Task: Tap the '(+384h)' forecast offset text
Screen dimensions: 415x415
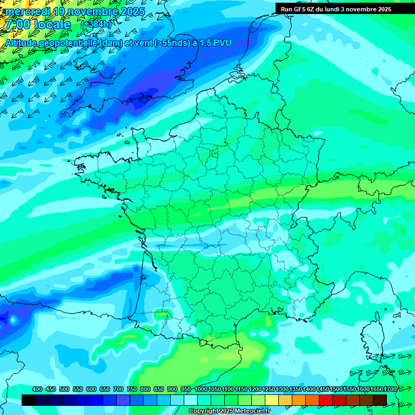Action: tap(96, 24)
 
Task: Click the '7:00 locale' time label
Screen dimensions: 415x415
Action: tap(38, 24)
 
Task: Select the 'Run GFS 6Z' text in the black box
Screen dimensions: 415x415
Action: tap(299, 9)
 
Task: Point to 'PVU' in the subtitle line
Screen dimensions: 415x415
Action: tap(222, 43)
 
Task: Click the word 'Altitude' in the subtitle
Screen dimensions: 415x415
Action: tap(23, 43)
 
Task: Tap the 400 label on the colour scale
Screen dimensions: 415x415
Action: tap(37, 389)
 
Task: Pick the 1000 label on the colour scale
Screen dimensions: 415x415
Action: tap(201, 389)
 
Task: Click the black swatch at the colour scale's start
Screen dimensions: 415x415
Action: tap(29, 400)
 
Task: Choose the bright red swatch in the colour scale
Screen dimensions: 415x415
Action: tap(326, 400)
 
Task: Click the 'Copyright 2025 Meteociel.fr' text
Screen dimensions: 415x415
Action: tap(229, 411)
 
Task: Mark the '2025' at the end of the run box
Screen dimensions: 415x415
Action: tap(384, 9)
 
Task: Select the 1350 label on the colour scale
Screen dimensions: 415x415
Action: tap(296, 389)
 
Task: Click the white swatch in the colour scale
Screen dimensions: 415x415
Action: tap(191, 400)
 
